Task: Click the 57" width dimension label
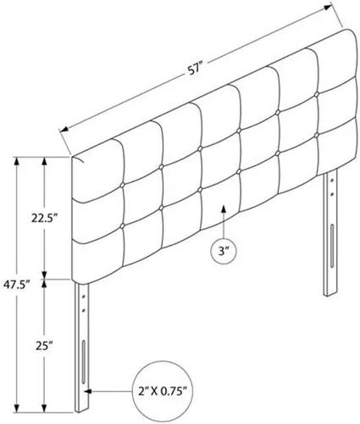pos(194,70)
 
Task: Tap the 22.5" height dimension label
pos(45,218)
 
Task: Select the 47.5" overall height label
pos(16,283)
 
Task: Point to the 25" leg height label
pos(45,345)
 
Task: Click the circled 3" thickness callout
pos(224,251)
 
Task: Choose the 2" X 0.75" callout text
pos(163,392)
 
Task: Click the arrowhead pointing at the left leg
pos(88,392)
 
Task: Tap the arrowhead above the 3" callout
pos(224,209)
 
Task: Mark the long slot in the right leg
pos(331,245)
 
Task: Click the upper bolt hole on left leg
pos(84,298)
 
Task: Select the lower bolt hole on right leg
pos(331,194)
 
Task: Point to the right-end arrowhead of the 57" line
pos(327,8)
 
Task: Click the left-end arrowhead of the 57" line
pos(65,130)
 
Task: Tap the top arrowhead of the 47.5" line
pos(17,161)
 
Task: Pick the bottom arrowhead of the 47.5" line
pos(17,407)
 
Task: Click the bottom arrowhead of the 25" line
pos(44,407)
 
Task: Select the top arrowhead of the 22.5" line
pos(44,161)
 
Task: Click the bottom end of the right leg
pos(330,294)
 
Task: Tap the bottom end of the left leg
pos(82,411)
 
